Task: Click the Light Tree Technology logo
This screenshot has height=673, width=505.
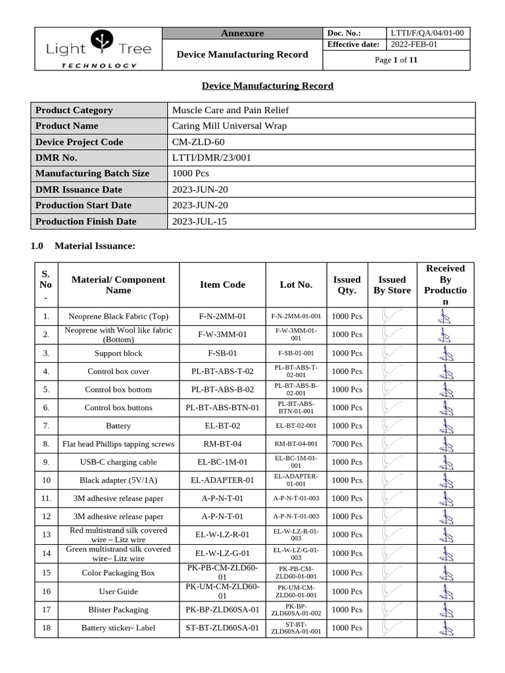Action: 99,49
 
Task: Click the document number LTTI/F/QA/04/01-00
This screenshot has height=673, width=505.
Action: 427,33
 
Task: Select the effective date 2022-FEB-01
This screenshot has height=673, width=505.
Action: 414,45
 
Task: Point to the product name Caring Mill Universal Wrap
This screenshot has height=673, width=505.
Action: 229,126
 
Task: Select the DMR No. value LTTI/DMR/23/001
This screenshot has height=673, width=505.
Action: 211,158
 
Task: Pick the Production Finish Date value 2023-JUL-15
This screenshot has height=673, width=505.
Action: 199,221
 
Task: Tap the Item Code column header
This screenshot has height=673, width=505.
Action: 222,285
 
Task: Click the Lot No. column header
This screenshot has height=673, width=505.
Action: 296,285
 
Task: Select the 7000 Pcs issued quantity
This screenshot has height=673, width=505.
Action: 347,444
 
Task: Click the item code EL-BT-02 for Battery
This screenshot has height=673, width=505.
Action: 222,426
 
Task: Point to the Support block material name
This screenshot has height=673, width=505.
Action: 118,353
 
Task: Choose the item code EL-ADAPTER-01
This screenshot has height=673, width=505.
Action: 222,480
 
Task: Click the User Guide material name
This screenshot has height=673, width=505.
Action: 118,592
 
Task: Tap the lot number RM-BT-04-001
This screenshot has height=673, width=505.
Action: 296,444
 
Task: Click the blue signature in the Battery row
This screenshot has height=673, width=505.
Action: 445,426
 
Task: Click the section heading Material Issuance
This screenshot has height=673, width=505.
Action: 95,246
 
